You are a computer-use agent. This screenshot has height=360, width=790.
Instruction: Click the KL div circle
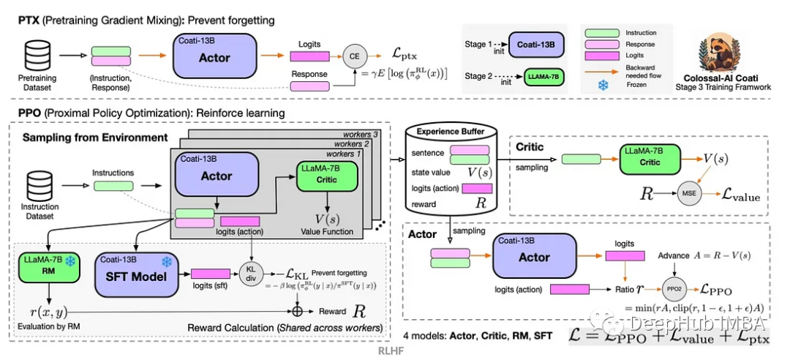point(250,272)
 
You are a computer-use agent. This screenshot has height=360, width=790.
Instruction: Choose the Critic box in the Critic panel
point(650,160)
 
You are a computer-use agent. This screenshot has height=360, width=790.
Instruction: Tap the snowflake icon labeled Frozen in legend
point(603,85)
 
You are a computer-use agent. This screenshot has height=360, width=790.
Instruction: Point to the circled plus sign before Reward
point(298,311)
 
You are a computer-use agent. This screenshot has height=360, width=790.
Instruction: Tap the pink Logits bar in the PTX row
point(310,56)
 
